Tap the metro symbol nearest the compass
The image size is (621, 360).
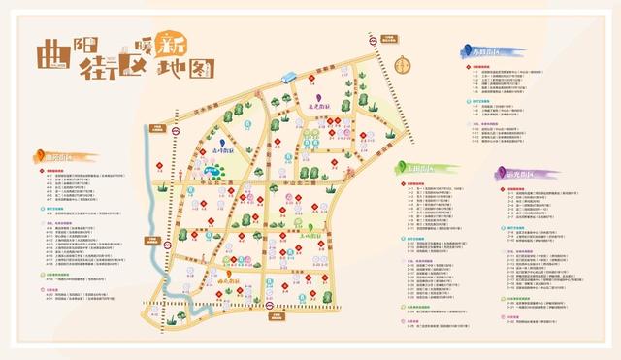point(373,41)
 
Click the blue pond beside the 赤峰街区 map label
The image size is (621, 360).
point(211,171)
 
